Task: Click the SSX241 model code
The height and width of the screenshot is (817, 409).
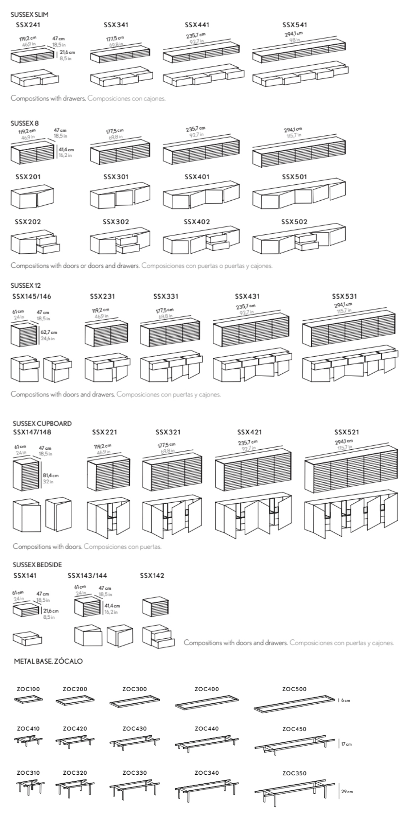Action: pos(28,25)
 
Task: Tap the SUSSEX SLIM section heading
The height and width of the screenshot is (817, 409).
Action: pos(30,15)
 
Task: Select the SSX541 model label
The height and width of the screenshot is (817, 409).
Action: pos(294,25)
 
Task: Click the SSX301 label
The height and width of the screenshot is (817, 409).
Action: pos(116,177)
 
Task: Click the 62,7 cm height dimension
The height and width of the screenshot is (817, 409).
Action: pos(49,332)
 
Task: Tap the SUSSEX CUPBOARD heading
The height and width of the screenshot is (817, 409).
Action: pos(42,423)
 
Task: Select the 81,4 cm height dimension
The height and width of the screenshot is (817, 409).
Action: pos(51,475)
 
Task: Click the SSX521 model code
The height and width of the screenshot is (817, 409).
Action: pos(346,432)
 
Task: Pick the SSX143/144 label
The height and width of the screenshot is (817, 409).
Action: pos(87,575)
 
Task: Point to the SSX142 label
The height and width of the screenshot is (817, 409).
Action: pos(152,575)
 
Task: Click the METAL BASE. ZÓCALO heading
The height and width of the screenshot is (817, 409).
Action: pos(48,661)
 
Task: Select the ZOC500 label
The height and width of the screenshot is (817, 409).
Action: pos(294,689)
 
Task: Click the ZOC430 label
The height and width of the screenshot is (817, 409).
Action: pos(134,729)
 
